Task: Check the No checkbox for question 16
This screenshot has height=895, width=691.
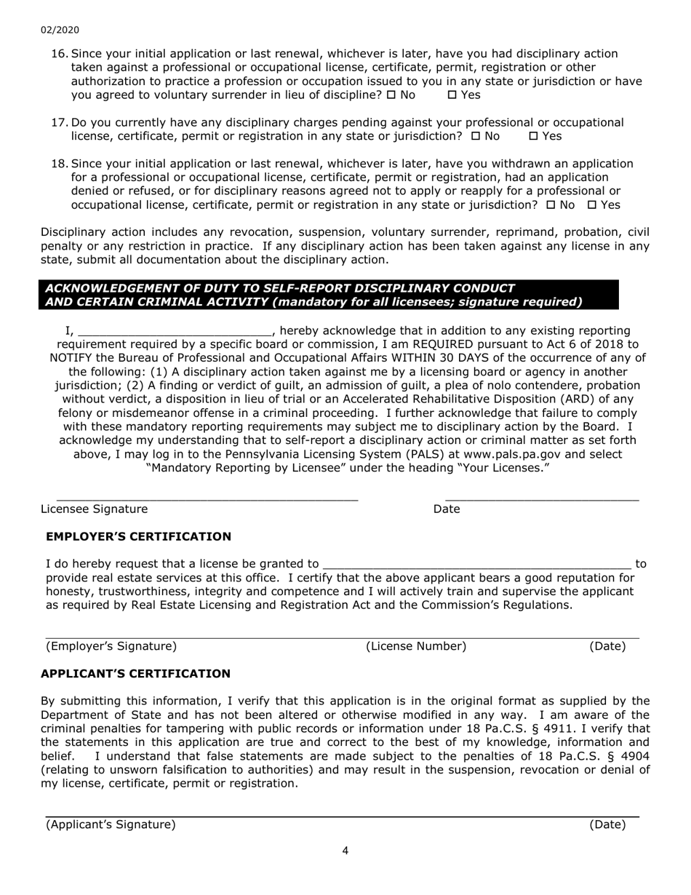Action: click(x=391, y=95)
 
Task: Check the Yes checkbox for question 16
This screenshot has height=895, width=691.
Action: click(x=452, y=95)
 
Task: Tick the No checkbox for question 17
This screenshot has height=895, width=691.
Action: click(x=476, y=136)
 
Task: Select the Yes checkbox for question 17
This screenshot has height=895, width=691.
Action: click(x=533, y=136)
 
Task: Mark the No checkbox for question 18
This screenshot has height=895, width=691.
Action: click(x=551, y=205)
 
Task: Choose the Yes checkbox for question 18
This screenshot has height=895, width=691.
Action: click(x=592, y=205)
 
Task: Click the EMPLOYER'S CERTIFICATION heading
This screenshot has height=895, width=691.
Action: click(x=138, y=537)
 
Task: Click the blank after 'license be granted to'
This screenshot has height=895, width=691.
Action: click(x=476, y=565)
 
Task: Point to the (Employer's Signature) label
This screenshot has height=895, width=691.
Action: click(x=111, y=646)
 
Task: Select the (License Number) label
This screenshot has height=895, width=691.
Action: click(x=416, y=646)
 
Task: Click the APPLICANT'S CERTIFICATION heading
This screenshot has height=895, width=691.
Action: click(x=135, y=675)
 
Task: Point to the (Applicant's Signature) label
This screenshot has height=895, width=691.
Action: click(x=111, y=824)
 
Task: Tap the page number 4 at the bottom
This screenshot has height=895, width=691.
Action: click(x=345, y=851)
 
